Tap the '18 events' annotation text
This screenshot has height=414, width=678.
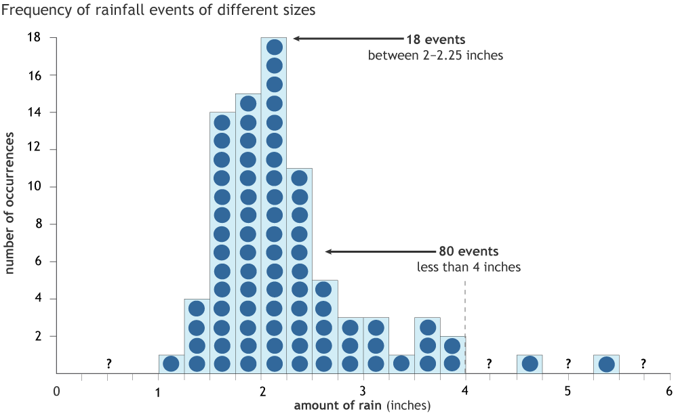click(435, 39)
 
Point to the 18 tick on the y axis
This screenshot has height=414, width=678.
click(34, 37)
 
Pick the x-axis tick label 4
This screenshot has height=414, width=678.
click(465, 391)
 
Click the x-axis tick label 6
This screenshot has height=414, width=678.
click(669, 391)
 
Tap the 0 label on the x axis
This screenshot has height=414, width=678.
click(57, 391)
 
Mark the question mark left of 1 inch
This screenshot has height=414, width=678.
click(108, 365)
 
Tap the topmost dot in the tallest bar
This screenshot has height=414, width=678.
click(275, 47)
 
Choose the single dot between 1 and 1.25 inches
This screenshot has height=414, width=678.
click(172, 363)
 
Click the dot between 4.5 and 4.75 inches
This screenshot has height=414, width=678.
click(530, 363)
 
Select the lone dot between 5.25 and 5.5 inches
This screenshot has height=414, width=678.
click(606, 364)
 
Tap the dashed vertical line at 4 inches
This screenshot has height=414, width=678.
click(465, 325)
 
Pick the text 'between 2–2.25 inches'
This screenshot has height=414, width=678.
click(435, 55)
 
